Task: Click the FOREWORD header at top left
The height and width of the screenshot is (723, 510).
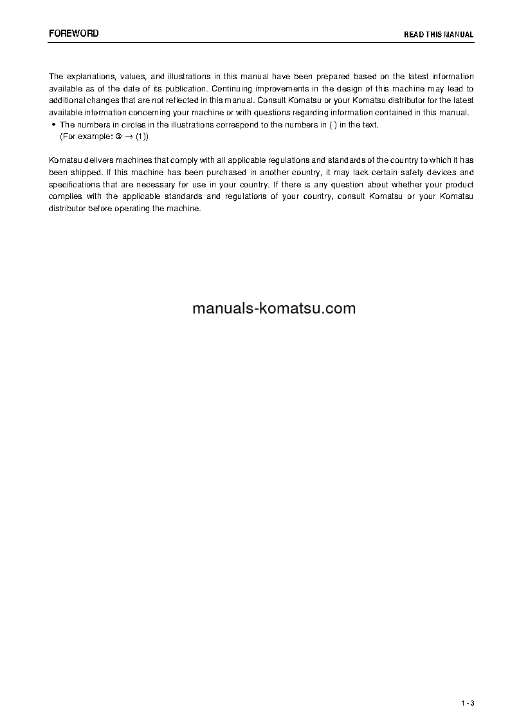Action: (x=74, y=33)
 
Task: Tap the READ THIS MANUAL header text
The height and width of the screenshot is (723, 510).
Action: (x=439, y=35)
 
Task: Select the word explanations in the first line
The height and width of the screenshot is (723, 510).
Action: (x=88, y=77)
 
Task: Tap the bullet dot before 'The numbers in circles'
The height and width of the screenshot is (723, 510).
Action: (x=53, y=124)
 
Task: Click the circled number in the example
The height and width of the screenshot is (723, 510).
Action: (x=118, y=136)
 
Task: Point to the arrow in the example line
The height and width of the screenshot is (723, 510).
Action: (x=129, y=136)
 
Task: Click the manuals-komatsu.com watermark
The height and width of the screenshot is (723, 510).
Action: (x=274, y=308)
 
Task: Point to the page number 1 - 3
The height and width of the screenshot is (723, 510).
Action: (x=467, y=702)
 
